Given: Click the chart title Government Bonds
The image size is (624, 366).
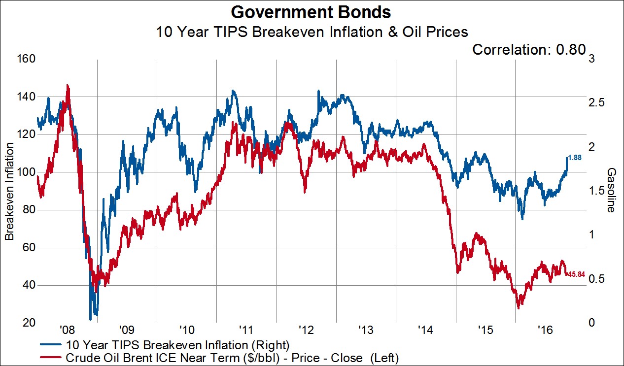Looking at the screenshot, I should [x=312, y=12].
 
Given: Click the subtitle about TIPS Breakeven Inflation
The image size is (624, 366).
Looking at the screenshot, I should [x=312, y=32].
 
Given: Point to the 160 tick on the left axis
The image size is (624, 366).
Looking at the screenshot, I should [x=26, y=59].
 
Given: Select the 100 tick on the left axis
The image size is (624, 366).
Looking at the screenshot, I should [x=26, y=172].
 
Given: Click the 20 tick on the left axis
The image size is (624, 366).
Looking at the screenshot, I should [x=29, y=323].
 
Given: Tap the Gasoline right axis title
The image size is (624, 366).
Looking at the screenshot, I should [x=612, y=190].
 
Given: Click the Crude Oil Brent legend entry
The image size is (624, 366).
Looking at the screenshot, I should [x=232, y=356].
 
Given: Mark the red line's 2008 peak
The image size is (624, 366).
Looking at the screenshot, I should [x=68, y=85].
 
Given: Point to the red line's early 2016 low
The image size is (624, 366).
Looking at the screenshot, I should [x=519, y=308].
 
